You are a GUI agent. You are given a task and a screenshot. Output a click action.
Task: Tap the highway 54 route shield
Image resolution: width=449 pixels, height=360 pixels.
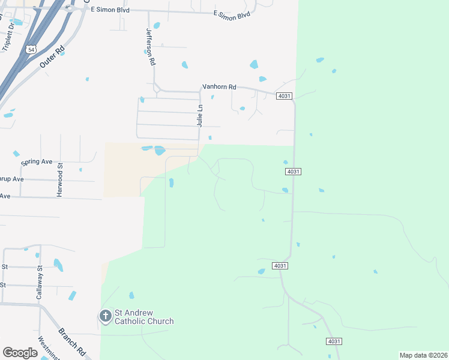click(x=31, y=49)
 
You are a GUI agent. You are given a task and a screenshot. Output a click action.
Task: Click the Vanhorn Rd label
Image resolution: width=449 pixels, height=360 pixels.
click(x=219, y=87)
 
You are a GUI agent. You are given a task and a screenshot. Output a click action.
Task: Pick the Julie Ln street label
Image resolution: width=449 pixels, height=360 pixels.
click(x=200, y=115)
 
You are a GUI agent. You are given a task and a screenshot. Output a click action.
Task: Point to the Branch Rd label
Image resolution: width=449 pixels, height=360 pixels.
click(x=71, y=341)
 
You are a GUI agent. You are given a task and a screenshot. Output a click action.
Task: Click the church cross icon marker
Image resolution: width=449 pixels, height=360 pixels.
click(x=105, y=316)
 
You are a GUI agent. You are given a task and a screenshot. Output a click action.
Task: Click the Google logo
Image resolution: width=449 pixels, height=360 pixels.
click(x=20, y=353)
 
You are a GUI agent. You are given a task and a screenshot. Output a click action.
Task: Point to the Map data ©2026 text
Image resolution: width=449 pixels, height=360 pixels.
click(x=423, y=355)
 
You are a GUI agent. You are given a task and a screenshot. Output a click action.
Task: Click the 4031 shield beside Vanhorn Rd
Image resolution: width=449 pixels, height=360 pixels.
click(x=285, y=97)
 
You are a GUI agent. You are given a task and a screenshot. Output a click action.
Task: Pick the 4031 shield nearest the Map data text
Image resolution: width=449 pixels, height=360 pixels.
click(x=334, y=341)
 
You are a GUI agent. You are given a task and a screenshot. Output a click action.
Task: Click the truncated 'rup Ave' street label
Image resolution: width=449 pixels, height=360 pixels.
click(x=12, y=179)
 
